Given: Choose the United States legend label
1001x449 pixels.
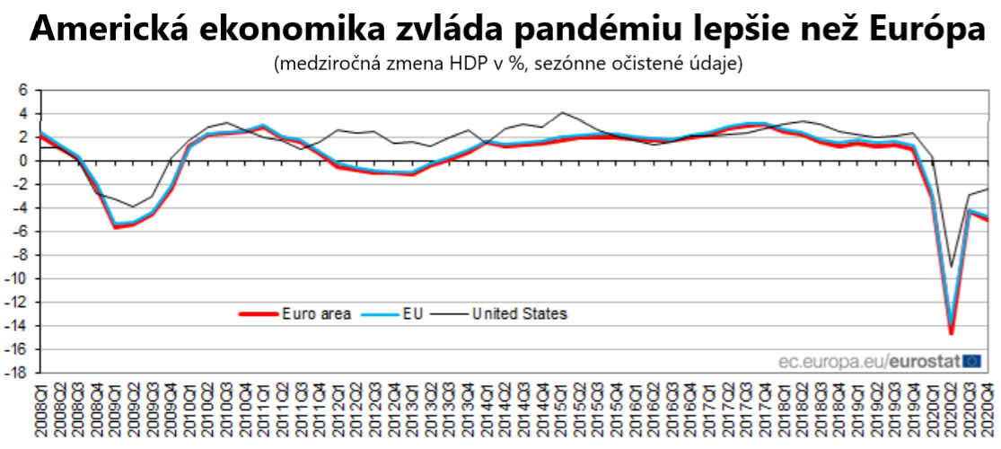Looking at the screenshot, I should [x=520, y=313].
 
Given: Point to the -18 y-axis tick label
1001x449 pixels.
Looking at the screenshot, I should [x=20, y=373].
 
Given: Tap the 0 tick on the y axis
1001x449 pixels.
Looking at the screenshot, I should [x=24, y=161].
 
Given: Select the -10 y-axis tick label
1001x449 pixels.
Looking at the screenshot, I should [x=20, y=278].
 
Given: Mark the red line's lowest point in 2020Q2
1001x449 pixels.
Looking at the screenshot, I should [x=951, y=334].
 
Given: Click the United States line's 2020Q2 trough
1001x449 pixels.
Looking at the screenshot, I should [x=951, y=267].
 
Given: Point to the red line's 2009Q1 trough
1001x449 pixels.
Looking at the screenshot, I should [x=115, y=227].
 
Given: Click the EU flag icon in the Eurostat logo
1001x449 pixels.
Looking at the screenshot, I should [x=971, y=361].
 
